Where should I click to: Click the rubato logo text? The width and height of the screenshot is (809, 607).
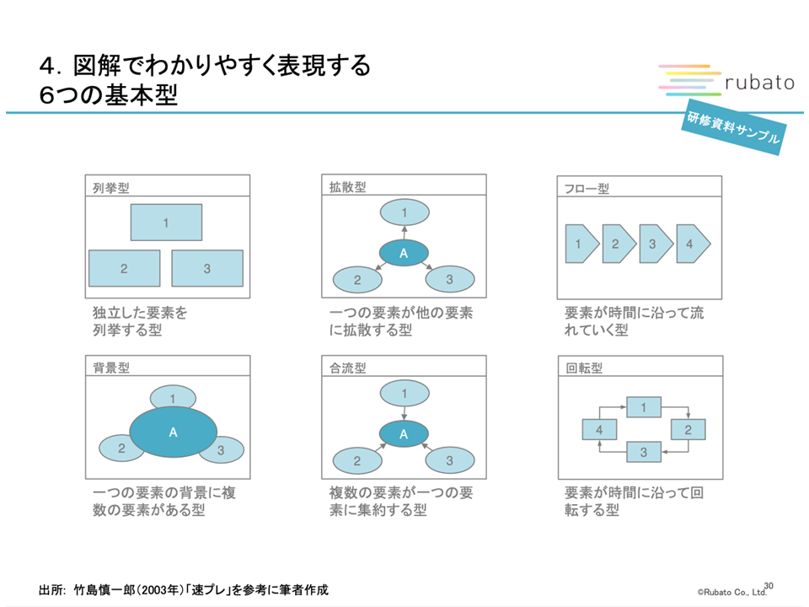[x=759, y=82]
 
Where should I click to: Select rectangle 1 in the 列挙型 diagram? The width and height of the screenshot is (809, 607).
[x=166, y=223]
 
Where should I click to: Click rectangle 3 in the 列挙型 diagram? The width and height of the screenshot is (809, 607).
[x=207, y=268]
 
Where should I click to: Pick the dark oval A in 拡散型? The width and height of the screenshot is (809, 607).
[x=404, y=253]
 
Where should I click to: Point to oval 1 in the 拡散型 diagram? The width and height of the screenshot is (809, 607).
[x=404, y=212]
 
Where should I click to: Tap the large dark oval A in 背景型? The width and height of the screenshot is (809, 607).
[x=174, y=432]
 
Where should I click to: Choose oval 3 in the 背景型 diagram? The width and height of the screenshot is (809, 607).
[x=221, y=450]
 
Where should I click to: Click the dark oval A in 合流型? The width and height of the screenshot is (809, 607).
[x=404, y=434]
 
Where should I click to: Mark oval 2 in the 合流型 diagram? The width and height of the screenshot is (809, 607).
[x=357, y=460]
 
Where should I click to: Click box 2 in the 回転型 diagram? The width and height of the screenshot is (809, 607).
[x=688, y=430]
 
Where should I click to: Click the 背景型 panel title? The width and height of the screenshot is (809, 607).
[x=110, y=368]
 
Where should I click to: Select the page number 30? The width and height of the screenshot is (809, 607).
[x=768, y=584]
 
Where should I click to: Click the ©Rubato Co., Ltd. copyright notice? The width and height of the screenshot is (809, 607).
[x=730, y=592]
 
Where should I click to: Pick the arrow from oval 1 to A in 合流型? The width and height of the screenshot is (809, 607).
[x=404, y=411]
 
